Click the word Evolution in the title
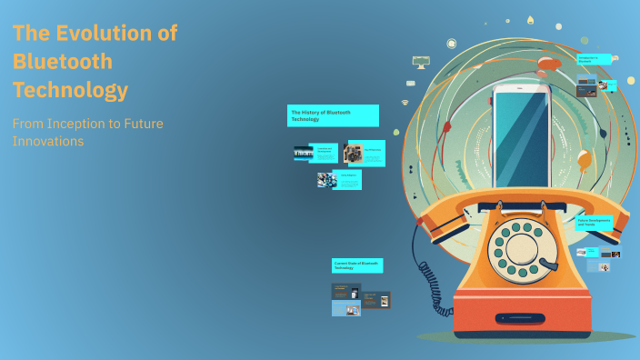pyautogui.click(x=117, y=34)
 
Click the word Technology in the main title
pyautogui.click(x=70, y=91)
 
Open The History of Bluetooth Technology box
pyautogui.click(x=333, y=115)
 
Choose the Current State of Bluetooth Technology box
pyautogui.click(x=356, y=265)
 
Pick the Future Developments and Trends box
pyautogui.click(x=595, y=222)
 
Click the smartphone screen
pyautogui.click(x=521, y=136)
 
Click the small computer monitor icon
pyautogui.click(x=420, y=62)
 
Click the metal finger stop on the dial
pyautogui.click(x=547, y=264)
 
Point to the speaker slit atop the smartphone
pyautogui.click(x=521, y=89)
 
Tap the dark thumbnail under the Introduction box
pyautogui.click(x=586, y=87)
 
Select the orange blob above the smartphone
pyautogui.click(x=548, y=63)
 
